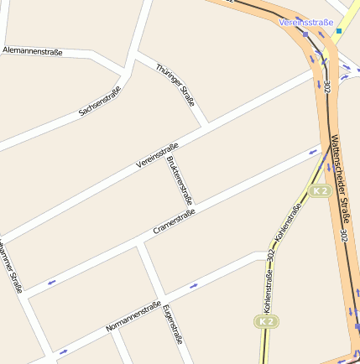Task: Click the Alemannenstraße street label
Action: click(33, 52)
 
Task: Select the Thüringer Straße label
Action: click(175, 85)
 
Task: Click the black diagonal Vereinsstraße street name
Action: click(157, 156)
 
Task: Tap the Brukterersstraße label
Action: click(180, 180)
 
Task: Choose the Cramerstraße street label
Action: click(174, 222)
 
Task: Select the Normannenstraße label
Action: click(133, 317)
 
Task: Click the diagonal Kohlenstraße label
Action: click(288, 220)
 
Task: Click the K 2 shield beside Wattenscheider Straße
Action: click(318, 191)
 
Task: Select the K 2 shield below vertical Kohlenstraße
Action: click(266, 321)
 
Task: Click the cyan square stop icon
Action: click(339, 31)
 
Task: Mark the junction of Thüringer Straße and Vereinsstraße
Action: click(206, 126)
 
